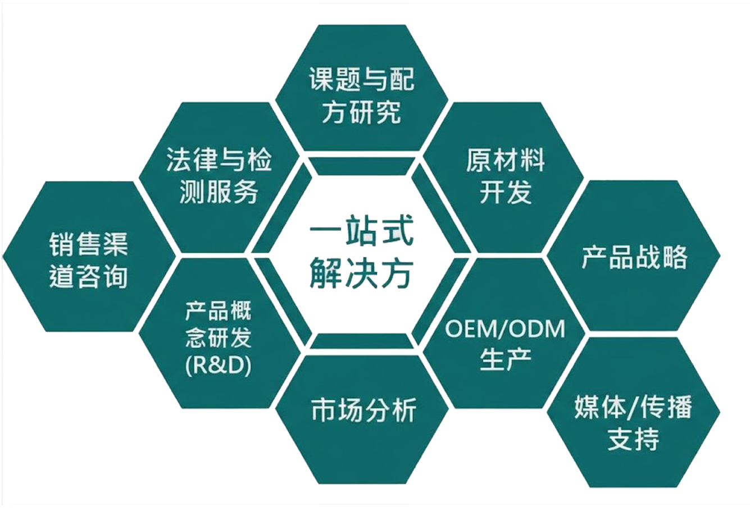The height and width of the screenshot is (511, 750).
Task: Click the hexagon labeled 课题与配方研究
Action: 362,88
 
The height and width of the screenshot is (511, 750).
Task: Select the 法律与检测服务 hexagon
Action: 219,177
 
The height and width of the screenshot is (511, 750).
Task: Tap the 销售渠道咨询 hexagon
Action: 89,256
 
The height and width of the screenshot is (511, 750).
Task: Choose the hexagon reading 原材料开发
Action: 503,177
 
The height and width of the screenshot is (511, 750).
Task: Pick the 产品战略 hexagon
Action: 634,256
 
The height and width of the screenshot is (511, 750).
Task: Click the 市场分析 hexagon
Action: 362,419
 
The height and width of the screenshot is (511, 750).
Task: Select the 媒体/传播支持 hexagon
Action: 634,412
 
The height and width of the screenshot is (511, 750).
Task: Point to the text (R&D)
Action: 219,366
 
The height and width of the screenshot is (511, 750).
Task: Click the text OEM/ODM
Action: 505,329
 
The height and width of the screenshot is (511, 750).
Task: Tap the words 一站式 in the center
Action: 361,231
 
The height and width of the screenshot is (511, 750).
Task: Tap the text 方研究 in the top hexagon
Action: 362,112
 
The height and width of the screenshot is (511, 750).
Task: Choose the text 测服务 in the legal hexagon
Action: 219,191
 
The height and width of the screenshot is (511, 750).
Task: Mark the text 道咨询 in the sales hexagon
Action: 88,277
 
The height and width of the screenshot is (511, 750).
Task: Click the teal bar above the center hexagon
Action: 361,166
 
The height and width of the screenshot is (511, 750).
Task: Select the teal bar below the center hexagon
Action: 361,341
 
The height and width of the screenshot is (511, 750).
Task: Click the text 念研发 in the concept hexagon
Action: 219,337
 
